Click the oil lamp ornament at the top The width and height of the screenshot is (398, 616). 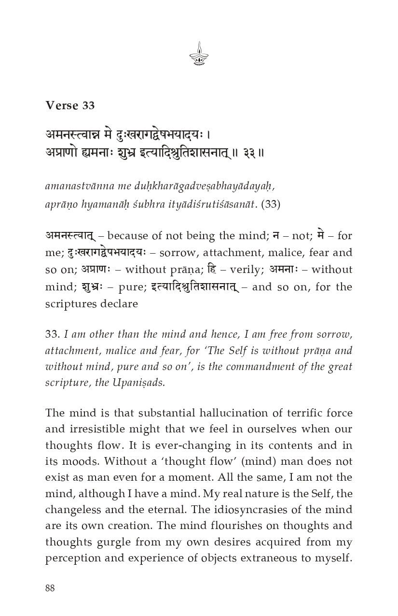pyautogui.click(x=199, y=54)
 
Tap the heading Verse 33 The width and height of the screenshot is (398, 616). pyautogui.click(x=70, y=105)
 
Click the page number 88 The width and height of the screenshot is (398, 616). pyautogui.click(x=50, y=588)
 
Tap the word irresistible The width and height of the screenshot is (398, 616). pyautogui.click(x=111, y=429)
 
